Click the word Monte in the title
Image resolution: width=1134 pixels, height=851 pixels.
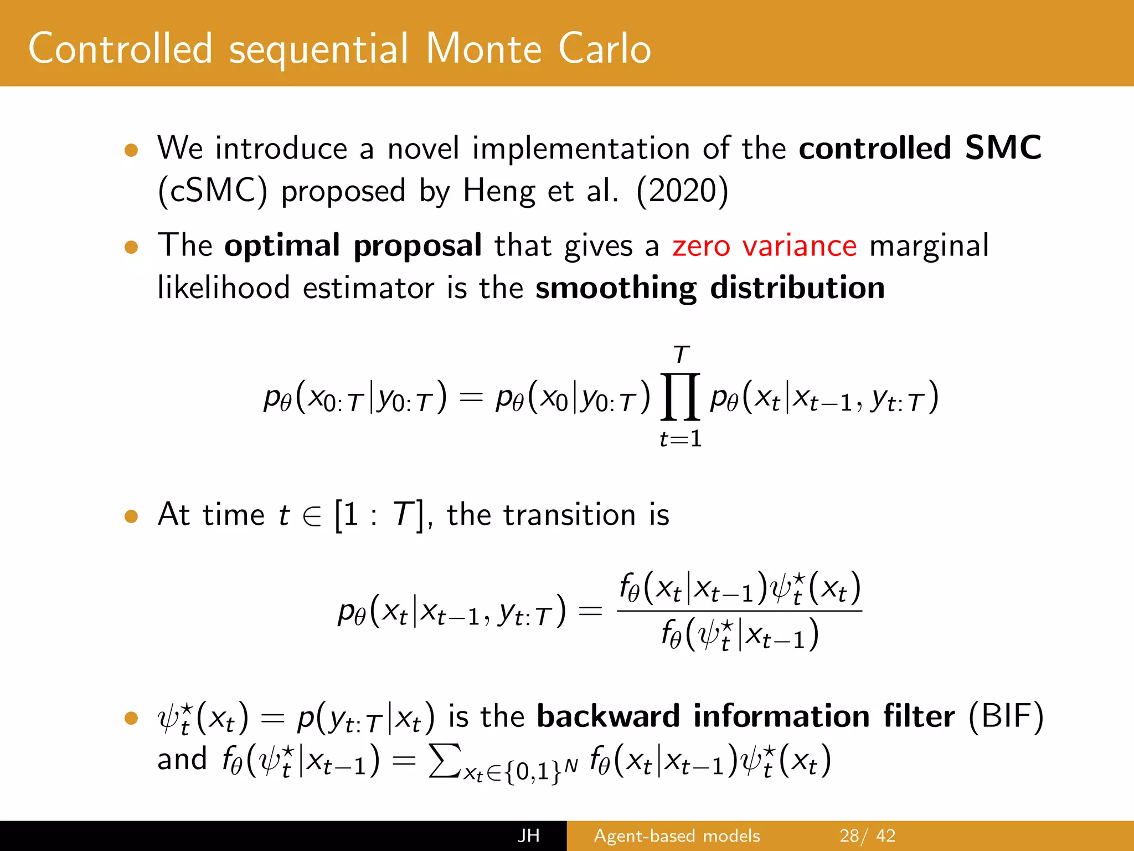483,49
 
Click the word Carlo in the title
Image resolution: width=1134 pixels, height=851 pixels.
604,49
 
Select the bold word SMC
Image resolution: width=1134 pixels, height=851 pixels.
1003,148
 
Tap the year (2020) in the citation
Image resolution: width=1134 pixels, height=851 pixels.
682,191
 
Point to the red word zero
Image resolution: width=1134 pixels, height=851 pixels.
701,246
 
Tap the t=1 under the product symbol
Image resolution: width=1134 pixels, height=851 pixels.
681,439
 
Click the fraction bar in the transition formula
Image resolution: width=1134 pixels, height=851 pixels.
739,611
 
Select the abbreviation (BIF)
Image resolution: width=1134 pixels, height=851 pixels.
1006,716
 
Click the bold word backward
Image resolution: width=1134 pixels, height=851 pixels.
608,716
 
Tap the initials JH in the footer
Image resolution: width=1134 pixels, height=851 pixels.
528,835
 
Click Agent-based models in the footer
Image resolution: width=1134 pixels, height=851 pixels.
677,835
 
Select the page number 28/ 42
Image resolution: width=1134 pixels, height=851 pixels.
867,835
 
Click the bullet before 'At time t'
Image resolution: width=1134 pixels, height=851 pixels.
131,516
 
